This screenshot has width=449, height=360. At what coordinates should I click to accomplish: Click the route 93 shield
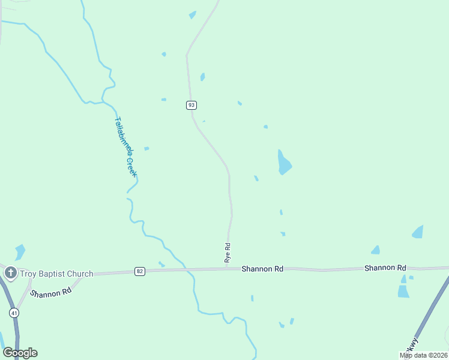tap(191, 105)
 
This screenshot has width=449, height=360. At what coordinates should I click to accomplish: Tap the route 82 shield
tap(140, 271)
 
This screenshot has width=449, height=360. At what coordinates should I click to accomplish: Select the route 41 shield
tap(13, 313)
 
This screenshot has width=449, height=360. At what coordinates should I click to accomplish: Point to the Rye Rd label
tap(228, 253)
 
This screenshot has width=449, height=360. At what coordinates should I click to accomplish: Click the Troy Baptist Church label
tap(56, 274)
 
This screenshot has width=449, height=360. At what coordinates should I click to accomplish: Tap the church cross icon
tap(10, 274)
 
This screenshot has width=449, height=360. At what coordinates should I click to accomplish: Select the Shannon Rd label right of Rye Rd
tap(262, 269)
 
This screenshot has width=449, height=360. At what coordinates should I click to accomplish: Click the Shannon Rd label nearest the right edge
tap(385, 268)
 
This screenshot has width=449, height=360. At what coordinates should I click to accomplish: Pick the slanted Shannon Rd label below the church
tap(50, 293)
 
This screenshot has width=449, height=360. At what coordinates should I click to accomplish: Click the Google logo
tap(20, 353)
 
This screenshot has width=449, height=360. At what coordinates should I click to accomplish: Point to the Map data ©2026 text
tap(424, 355)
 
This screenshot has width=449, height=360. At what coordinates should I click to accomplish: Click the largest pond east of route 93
tap(284, 163)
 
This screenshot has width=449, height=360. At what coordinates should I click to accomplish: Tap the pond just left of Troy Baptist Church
tap(20, 251)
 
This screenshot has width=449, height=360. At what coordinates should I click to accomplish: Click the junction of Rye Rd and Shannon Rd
tap(227, 269)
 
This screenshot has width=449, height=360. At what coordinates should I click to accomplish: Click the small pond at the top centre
tap(192, 15)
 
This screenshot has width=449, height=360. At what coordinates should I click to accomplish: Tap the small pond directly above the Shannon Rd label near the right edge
tap(376, 250)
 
